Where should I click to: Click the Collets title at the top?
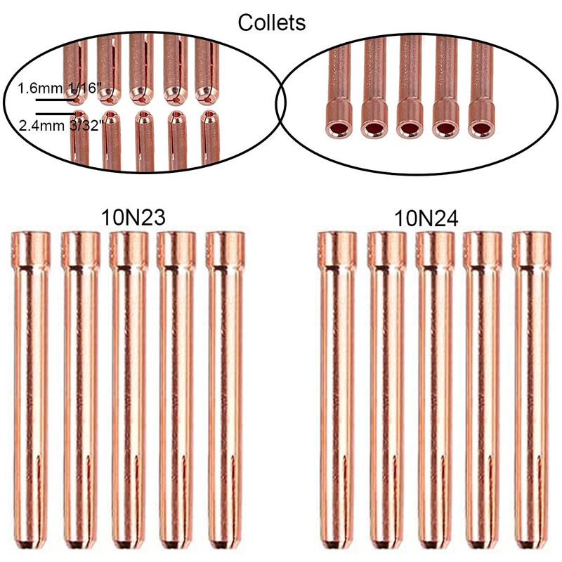(272, 23)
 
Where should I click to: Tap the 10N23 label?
(133, 217)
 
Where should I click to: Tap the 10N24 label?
(426, 218)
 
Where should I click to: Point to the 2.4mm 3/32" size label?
(61, 126)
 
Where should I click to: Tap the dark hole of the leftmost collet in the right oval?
(339, 129)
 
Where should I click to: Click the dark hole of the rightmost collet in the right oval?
(481, 129)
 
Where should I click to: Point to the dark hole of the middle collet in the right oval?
(410, 129)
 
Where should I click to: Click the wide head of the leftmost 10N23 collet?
(30, 250)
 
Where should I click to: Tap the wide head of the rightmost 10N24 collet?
(532, 250)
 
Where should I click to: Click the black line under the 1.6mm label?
(54, 100)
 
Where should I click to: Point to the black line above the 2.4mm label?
(56, 114)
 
